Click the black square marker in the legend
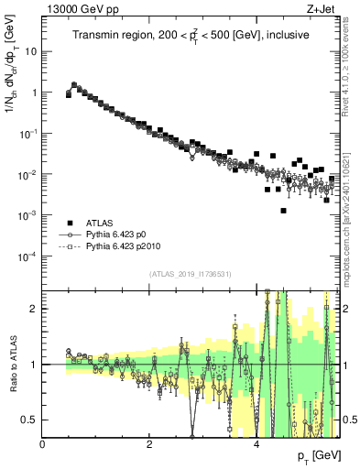click(x=67, y=223)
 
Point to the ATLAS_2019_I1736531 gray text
click(x=191, y=274)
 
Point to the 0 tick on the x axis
click(x=43, y=444)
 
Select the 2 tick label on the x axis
click(x=149, y=444)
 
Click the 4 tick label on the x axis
click(x=256, y=444)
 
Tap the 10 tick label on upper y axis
click(x=31, y=51)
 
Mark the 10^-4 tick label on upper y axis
click(x=27, y=256)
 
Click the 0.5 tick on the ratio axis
click(x=29, y=420)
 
